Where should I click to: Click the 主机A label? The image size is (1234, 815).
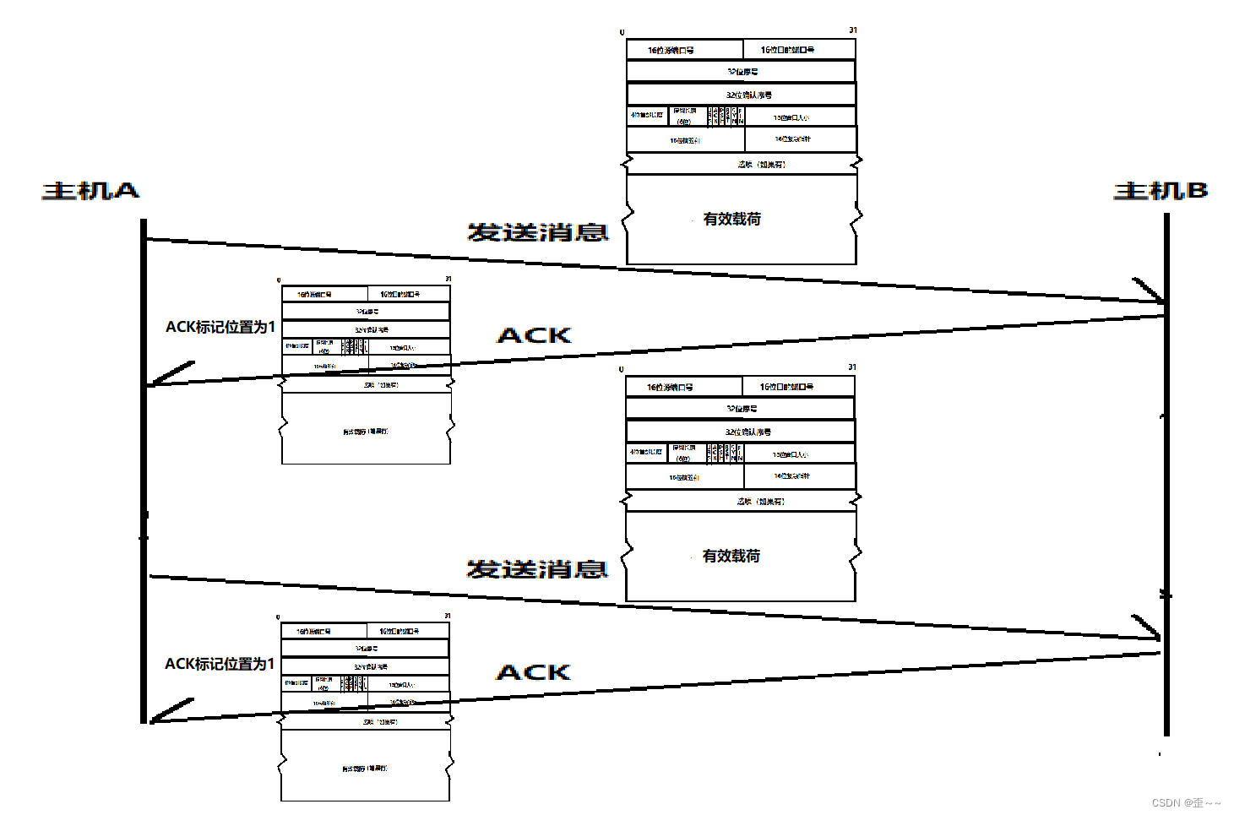(90, 191)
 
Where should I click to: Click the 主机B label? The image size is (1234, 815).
(1161, 191)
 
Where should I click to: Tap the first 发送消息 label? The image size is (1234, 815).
(538, 232)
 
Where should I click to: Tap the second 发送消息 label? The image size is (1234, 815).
(537, 569)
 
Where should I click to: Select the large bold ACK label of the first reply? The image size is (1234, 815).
(534, 335)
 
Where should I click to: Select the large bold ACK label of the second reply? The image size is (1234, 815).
(533, 672)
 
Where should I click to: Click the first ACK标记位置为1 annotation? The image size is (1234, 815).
(220, 327)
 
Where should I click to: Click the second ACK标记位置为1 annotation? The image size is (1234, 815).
(220, 664)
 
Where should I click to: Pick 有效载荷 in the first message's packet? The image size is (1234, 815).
(732, 219)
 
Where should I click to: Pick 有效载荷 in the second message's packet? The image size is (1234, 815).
(731, 556)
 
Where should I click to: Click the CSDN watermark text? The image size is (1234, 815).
(1186, 802)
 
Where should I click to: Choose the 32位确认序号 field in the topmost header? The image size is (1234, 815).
(741, 95)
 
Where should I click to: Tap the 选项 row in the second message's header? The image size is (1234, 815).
(740, 501)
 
